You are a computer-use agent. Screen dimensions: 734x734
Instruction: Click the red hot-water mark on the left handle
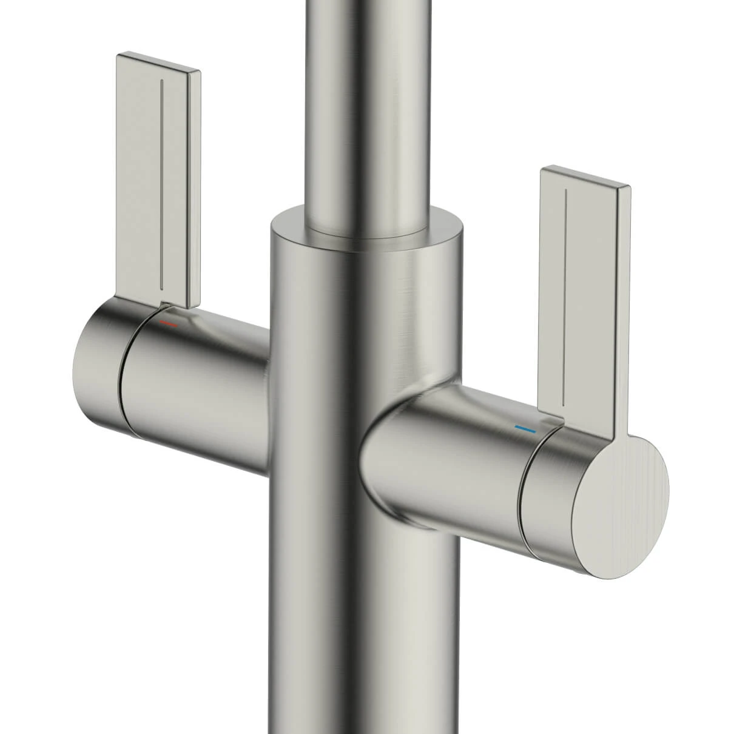point(169,325)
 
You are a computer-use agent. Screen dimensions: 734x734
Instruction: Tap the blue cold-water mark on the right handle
point(525,429)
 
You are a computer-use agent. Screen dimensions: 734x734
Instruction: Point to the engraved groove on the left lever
point(161,182)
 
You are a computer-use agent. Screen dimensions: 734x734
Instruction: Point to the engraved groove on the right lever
point(565,297)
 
